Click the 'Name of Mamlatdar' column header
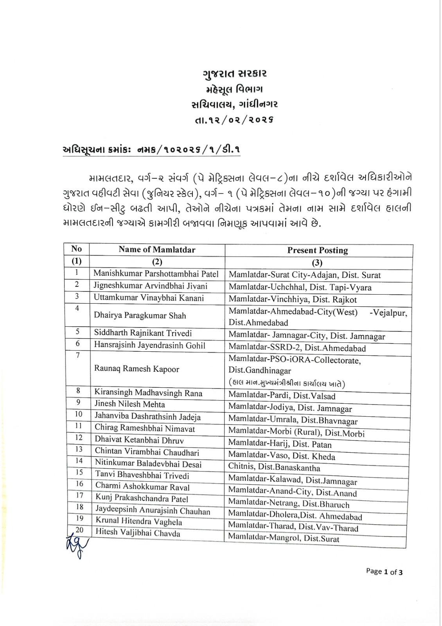pos(157,250)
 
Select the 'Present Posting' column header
pos(318,250)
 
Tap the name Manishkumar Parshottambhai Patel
pos(156,274)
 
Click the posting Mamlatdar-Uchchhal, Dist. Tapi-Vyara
pos(300,288)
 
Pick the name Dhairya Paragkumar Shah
pos(140,316)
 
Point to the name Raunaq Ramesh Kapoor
pos(137,369)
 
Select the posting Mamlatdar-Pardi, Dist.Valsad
pos(282,396)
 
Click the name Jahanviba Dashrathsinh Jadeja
pos(147,416)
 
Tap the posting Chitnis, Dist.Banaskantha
pos(274,468)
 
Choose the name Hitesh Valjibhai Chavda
pos(138,533)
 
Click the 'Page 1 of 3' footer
pos(384,572)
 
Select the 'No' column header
pos(77,249)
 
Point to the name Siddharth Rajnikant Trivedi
pos(143,333)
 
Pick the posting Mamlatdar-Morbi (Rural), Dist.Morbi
pos(296,433)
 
